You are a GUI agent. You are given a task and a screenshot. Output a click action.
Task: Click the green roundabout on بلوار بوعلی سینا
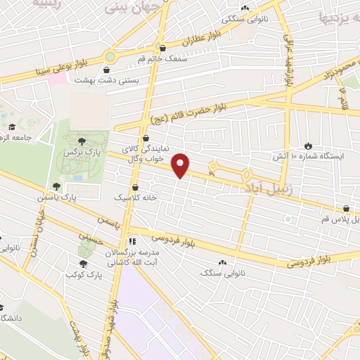110,56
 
